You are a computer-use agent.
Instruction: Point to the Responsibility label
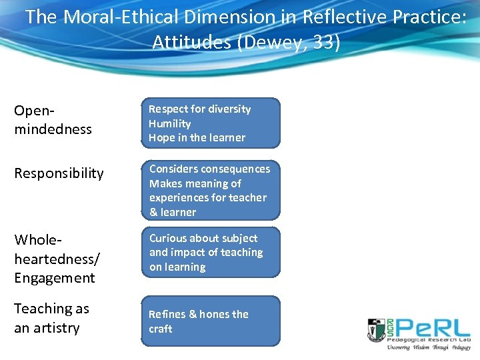[59, 173]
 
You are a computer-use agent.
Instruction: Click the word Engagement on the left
[55, 277]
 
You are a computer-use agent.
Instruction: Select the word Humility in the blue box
[169, 123]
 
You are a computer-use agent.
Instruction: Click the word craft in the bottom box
[161, 329]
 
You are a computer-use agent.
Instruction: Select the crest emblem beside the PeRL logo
[376, 330]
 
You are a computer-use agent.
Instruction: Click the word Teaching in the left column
[42, 309]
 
